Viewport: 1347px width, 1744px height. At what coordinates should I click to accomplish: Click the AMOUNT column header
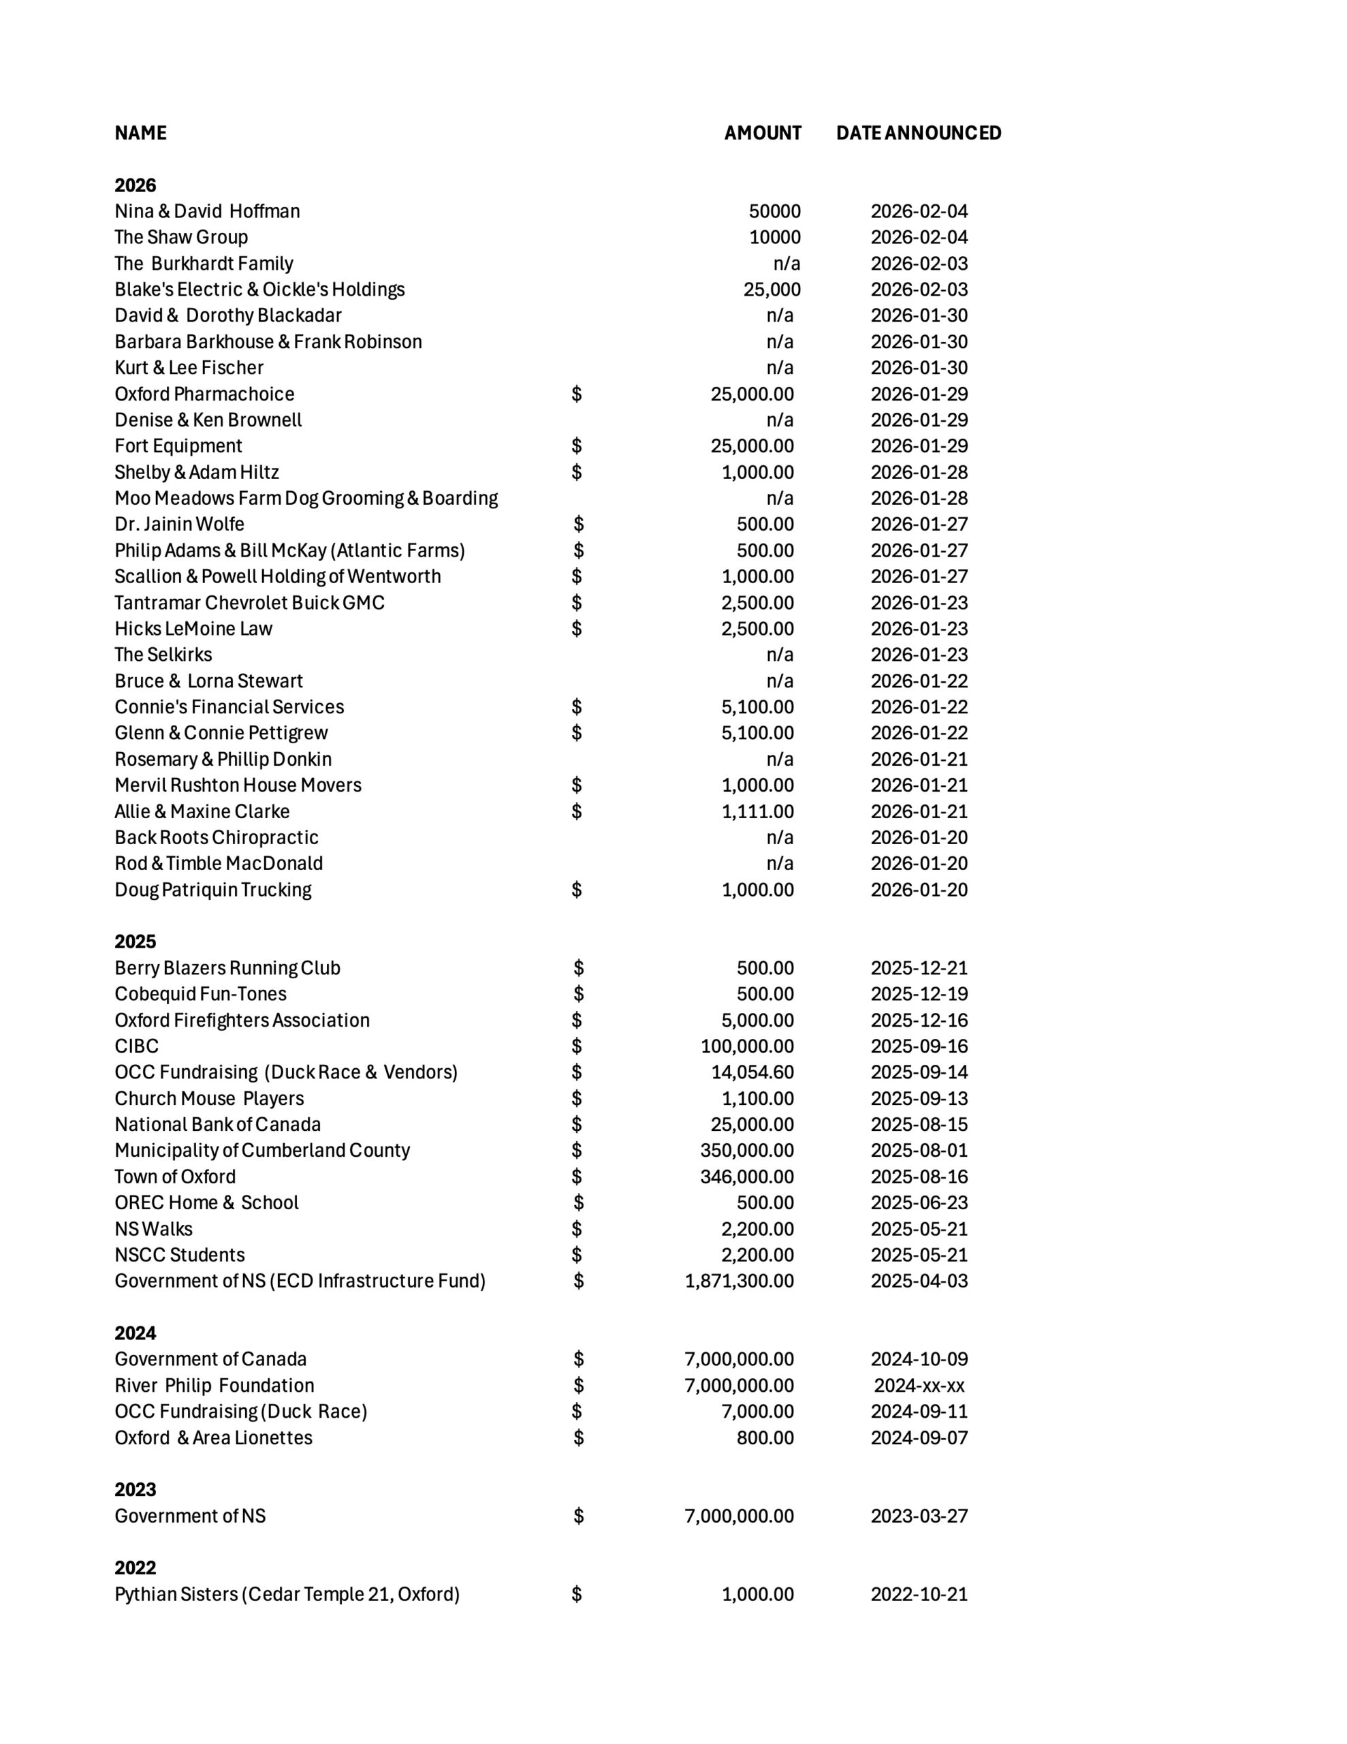click(x=762, y=133)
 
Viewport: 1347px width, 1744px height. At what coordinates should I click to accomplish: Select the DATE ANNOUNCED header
click(x=918, y=133)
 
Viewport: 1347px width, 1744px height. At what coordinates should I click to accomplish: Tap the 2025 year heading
click(x=135, y=941)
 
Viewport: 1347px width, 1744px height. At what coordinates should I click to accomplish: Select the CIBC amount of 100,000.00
click(x=746, y=1046)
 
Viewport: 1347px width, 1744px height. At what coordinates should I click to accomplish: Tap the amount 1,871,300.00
click(x=739, y=1281)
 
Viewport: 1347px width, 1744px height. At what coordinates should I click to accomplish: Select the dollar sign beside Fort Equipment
click(x=577, y=446)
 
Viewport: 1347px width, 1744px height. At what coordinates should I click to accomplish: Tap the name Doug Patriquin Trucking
click(x=212, y=890)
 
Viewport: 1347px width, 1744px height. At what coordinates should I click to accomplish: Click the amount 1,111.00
click(x=757, y=811)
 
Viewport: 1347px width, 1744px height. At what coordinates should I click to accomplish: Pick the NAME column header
click(x=140, y=133)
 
